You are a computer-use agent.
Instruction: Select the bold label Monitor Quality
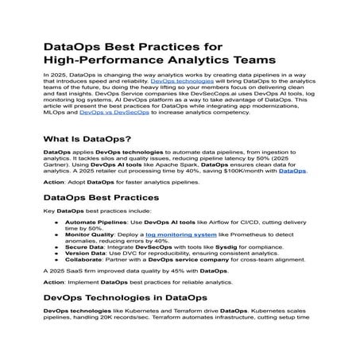[x=87, y=235]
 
